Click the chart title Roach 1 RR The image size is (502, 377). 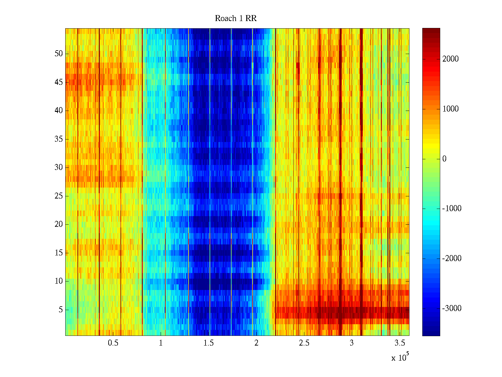click(236, 19)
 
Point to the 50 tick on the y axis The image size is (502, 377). click(59, 54)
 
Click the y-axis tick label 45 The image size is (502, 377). click(59, 82)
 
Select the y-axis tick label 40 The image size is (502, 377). click(59, 111)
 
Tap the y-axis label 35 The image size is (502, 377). click(59, 139)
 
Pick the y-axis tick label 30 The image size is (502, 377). click(59, 167)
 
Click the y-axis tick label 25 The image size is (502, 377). click(59, 196)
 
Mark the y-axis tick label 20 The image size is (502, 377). click(59, 224)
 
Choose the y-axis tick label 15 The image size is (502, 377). click(59, 253)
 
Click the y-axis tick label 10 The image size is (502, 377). click(59, 281)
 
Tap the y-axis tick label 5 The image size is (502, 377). click(61, 310)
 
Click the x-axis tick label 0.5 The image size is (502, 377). click(113, 343)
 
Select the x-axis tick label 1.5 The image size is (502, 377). click(209, 343)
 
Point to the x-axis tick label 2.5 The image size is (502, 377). click(304, 343)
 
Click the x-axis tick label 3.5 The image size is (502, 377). click(400, 343)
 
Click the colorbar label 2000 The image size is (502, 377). click(450, 59)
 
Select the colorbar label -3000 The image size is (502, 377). click(451, 309)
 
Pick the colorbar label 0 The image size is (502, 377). click(444, 159)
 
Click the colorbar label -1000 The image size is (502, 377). click(451, 209)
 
